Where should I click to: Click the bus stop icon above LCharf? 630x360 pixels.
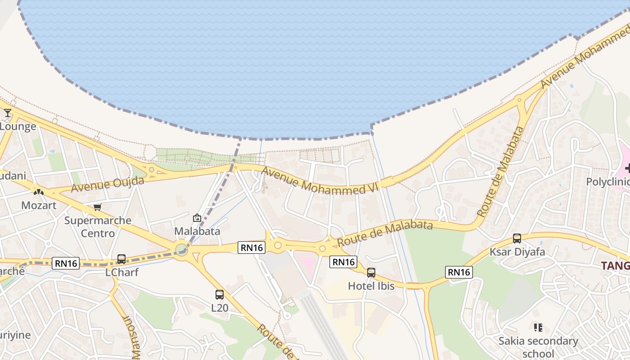click(x=121, y=259)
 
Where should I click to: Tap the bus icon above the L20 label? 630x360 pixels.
click(x=220, y=295)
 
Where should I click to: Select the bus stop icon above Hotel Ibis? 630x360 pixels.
click(x=371, y=273)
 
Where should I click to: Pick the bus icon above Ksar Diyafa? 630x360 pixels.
click(x=517, y=238)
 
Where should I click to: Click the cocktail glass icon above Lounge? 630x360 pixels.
click(x=8, y=113)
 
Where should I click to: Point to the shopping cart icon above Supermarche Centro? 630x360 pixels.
click(x=98, y=207)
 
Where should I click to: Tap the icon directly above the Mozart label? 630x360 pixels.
click(x=39, y=192)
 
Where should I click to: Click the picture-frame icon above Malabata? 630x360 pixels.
click(x=197, y=218)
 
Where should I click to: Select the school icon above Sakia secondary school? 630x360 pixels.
click(x=538, y=327)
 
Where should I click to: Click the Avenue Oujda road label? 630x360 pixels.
click(x=108, y=184)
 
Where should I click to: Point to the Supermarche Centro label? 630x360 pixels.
click(x=98, y=227)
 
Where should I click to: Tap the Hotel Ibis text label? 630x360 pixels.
click(x=371, y=286)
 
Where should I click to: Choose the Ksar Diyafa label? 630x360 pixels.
click(x=517, y=252)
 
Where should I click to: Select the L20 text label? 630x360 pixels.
click(x=220, y=308)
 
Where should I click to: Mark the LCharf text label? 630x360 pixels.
click(x=121, y=273)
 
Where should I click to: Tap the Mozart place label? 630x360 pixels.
click(x=39, y=206)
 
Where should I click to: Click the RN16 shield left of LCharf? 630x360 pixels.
click(x=66, y=263)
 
